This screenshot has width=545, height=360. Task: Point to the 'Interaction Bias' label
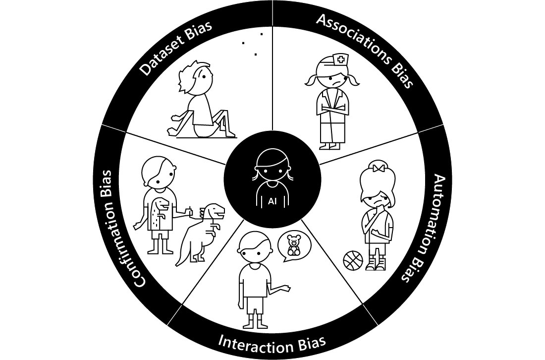tap(272, 342)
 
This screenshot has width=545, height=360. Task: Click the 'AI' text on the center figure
tap(272, 201)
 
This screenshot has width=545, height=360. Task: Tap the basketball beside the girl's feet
tap(353, 260)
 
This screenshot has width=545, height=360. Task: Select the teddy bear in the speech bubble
tap(294, 245)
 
